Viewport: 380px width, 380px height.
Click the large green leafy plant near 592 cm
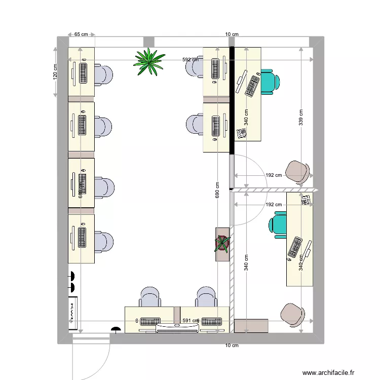coord(149,62)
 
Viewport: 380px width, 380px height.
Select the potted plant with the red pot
coord(222,243)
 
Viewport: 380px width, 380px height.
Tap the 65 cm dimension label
coord(81,34)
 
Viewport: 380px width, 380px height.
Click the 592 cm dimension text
coord(191,60)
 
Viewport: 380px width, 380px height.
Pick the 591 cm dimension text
coord(191,321)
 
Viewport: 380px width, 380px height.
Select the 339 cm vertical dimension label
coord(301,118)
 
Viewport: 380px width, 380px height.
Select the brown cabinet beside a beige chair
coord(251,326)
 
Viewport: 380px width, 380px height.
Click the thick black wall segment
coord(232,100)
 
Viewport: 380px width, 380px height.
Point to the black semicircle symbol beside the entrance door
coord(116,330)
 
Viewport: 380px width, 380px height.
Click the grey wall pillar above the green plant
coord(148,42)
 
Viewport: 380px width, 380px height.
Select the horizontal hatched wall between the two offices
coord(274,191)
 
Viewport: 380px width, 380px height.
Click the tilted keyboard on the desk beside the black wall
coord(253,86)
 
